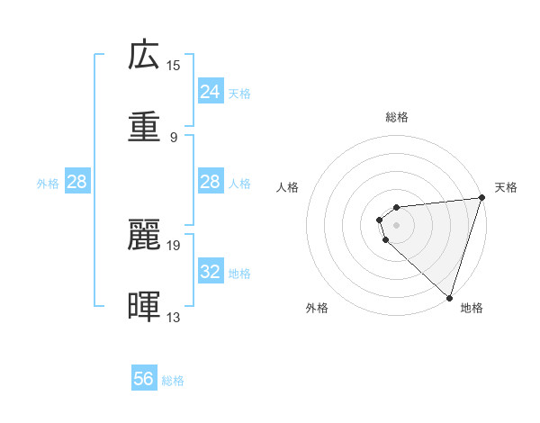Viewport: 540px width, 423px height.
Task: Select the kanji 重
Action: coord(144,126)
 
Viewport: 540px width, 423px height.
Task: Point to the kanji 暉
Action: coord(144,306)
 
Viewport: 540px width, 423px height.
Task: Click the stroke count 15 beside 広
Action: coord(174,66)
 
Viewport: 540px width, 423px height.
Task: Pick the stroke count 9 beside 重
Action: coord(173,137)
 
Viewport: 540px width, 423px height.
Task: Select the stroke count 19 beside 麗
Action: coord(174,245)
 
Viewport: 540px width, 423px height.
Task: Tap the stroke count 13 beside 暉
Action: coord(174,317)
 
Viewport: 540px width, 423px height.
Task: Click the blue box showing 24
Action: coord(210,92)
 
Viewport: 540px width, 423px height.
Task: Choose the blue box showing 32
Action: coord(210,272)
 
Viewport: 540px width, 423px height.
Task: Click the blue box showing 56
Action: coord(144,379)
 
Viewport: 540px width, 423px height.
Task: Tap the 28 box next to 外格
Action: coord(77,182)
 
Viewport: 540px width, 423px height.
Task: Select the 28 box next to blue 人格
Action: coord(210,182)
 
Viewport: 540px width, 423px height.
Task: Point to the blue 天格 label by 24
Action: coord(239,94)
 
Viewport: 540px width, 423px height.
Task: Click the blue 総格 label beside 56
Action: coord(173,381)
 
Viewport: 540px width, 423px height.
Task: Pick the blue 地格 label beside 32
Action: coord(239,274)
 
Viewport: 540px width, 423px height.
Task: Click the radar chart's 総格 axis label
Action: coord(397,117)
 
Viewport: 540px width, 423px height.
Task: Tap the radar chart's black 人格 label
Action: coord(288,187)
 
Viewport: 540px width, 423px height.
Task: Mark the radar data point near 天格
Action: coord(481,198)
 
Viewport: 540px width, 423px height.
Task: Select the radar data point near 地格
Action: coord(449,297)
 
